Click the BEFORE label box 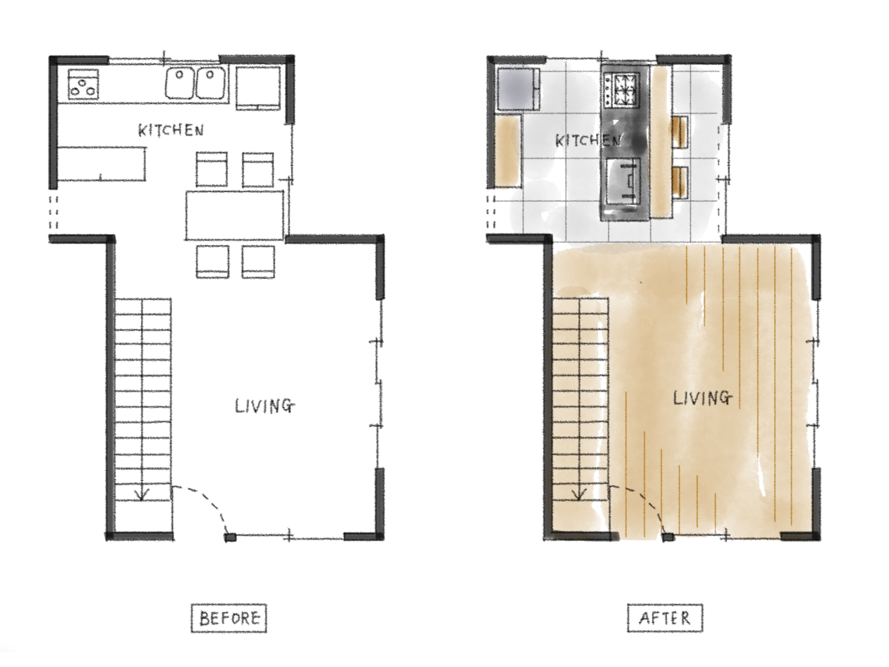(229, 618)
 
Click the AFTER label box (665, 618)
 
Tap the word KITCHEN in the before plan (171, 130)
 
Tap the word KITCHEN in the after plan (588, 140)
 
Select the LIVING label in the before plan (265, 406)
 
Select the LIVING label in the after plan (703, 398)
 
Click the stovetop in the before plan (83, 83)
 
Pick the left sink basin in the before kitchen (180, 83)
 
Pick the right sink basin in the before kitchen (211, 83)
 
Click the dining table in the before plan (235, 215)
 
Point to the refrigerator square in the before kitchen (258, 87)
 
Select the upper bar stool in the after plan (680, 132)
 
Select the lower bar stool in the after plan (680, 183)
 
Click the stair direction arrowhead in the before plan (142, 496)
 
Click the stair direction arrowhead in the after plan (579, 495)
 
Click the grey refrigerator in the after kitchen (517, 89)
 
